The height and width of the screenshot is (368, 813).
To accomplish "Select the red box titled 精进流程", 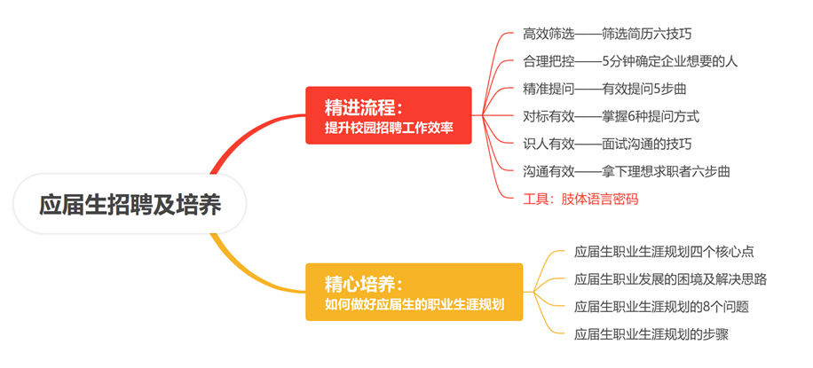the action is tap(389, 115).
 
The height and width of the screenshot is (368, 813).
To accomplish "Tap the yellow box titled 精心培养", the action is tap(414, 292).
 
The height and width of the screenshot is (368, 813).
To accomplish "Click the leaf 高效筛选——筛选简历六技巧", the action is tap(607, 35).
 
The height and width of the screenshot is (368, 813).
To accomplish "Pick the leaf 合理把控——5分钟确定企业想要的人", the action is tap(630, 61).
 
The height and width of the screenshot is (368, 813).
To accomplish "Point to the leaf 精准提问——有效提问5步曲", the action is tap(604, 90).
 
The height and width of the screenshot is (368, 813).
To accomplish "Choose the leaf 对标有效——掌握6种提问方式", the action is tap(612, 117).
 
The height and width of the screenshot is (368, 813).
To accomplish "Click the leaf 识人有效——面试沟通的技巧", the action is tap(607, 144).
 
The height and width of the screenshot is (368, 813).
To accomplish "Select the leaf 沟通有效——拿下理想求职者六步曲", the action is tap(627, 171).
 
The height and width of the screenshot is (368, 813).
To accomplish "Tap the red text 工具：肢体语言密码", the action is tap(580, 199).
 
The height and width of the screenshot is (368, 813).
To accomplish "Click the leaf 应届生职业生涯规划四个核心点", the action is tap(664, 253).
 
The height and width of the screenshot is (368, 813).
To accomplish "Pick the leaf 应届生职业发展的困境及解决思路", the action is tap(670, 280).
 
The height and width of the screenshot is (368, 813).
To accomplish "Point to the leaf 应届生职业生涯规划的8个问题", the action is tap(661, 307).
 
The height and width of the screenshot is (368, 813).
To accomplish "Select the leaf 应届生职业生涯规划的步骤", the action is tap(651, 334).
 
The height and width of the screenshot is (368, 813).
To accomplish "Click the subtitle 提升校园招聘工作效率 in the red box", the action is tap(389, 128).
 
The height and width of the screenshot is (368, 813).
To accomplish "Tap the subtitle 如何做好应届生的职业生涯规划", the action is tap(414, 304).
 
